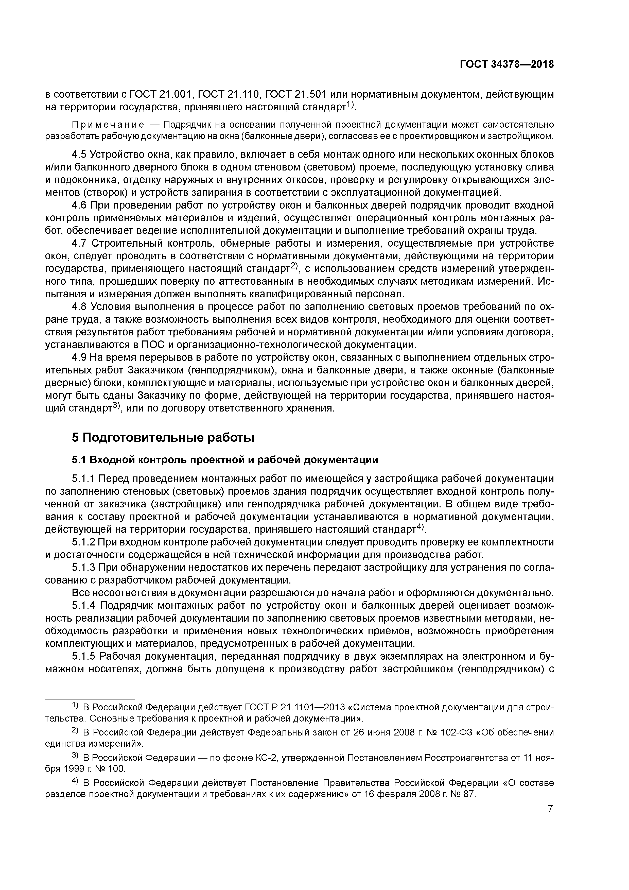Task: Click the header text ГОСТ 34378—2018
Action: [x=506, y=64]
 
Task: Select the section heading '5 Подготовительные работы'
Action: [x=163, y=438]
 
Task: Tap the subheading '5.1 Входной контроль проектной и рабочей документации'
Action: [x=225, y=460]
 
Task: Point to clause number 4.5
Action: [x=79, y=155]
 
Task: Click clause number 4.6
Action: [x=79, y=206]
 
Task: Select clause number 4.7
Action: [x=79, y=244]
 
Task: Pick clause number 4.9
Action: [x=79, y=357]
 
